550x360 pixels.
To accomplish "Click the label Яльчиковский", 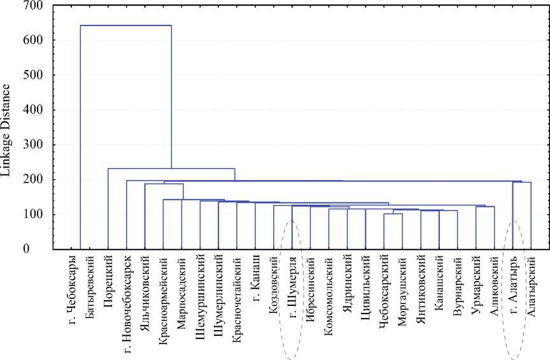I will coord(145,282).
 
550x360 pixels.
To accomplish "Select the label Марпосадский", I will coord(182,284).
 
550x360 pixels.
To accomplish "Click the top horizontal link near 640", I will coord(126,25).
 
